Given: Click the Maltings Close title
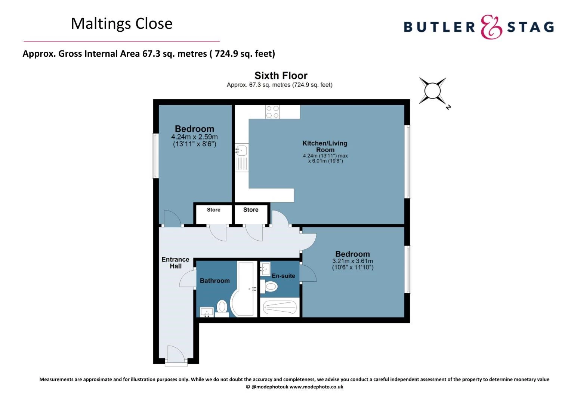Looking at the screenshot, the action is point(121,24).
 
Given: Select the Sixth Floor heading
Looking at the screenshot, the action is point(281,76).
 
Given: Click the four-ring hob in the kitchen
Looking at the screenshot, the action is point(272,112).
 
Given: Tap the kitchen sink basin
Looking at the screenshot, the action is point(241,150).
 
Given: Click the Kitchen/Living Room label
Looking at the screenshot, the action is point(325,146).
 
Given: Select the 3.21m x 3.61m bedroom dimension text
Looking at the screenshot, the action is point(352,264).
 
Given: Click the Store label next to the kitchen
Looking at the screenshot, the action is point(251,209).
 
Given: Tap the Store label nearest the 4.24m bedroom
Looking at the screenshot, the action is point(214,209).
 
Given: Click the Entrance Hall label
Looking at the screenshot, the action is point(175,263).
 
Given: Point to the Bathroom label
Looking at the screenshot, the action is point(214,281).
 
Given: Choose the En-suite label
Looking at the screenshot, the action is point(283,276).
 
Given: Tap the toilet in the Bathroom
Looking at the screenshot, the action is point(222,308).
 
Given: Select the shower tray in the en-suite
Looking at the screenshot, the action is point(280,307).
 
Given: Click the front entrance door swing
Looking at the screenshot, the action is point(176,354).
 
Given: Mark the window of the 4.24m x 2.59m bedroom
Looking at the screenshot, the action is point(155,156).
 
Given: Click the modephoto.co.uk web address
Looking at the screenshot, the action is point(317,387).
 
